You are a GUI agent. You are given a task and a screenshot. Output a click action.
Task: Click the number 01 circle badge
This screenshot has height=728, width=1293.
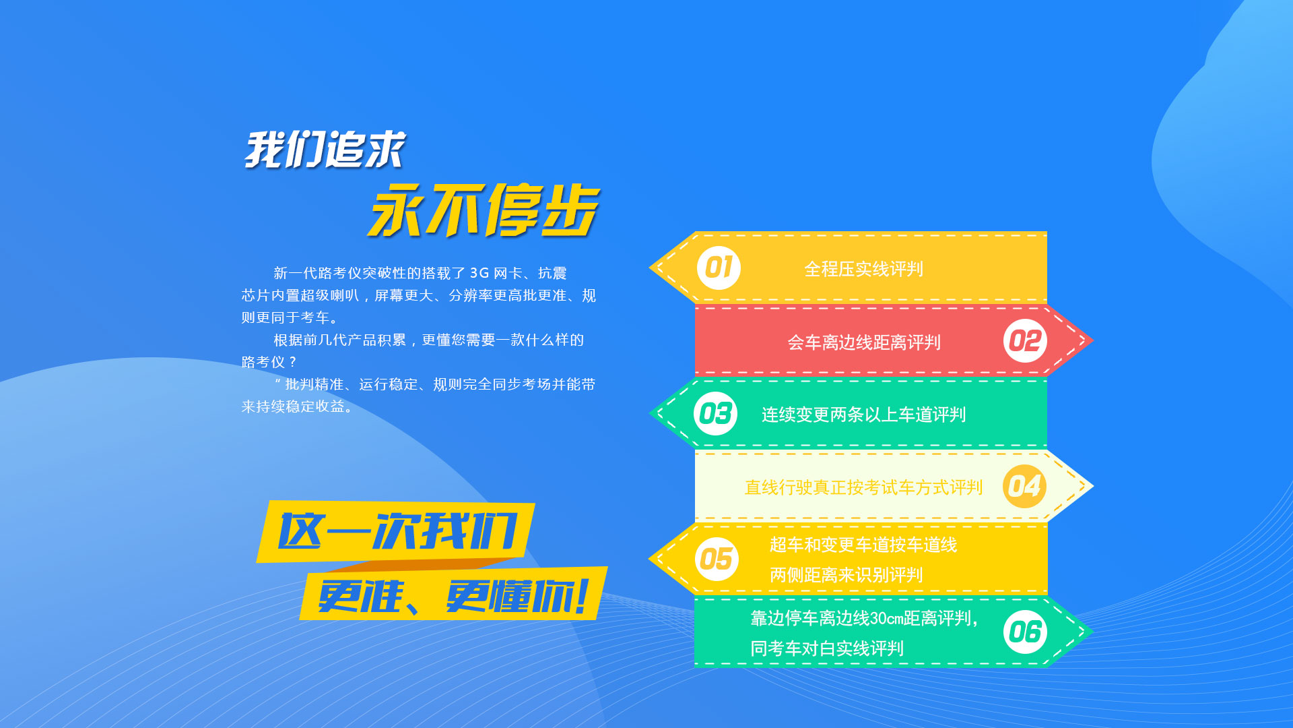(x=719, y=268)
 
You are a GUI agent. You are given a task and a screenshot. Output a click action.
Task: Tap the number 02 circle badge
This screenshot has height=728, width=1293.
(x=1025, y=341)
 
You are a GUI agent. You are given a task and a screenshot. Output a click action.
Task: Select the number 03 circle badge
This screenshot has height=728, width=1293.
(x=715, y=414)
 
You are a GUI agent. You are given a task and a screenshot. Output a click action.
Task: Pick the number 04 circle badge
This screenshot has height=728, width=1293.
(x=1024, y=486)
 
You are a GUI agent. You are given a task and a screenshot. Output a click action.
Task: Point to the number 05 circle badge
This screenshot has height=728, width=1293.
(x=716, y=559)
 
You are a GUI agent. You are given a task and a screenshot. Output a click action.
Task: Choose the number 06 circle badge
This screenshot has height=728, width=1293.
(x=1025, y=632)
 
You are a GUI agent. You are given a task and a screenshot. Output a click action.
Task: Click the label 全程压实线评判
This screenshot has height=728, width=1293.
(x=863, y=270)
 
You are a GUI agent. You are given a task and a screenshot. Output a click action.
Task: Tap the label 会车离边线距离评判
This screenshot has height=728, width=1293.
(x=864, y=342)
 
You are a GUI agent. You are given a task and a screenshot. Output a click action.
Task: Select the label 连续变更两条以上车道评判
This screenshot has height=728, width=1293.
(x=863, y=415)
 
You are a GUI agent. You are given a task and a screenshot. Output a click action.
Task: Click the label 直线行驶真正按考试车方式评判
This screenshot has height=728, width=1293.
(x=863, y=487)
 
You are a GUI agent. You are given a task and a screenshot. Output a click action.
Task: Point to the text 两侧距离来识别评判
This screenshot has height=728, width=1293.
(x=846, y=575)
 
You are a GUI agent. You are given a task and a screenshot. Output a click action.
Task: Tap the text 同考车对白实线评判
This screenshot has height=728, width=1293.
(x=827, y=648)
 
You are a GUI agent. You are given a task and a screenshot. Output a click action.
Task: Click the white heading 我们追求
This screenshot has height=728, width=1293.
(x=325, y=150)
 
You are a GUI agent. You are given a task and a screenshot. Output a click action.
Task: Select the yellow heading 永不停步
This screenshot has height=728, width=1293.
(x=484, y=210)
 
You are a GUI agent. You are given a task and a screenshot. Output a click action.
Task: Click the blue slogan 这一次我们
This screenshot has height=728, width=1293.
(x=397, y=531)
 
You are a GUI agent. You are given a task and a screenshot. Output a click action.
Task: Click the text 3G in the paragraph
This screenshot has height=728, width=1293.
(x=479, y=273)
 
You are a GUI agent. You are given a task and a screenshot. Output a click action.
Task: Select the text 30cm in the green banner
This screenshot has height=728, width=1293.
(x=887, y=619)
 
